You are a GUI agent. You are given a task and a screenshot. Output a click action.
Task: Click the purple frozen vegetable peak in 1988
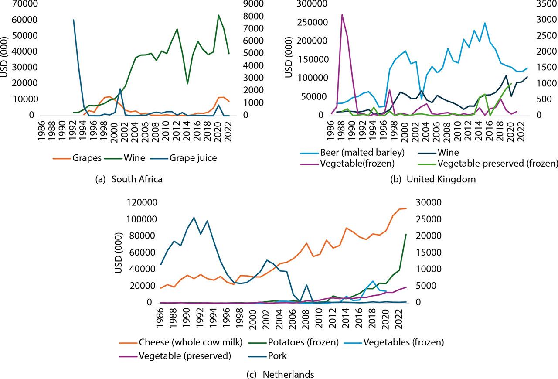(x=342, y=15)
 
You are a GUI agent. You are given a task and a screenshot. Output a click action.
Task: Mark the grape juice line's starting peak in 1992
(x=73, y=20)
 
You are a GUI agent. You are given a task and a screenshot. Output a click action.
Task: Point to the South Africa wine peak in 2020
(x=218, y=15)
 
